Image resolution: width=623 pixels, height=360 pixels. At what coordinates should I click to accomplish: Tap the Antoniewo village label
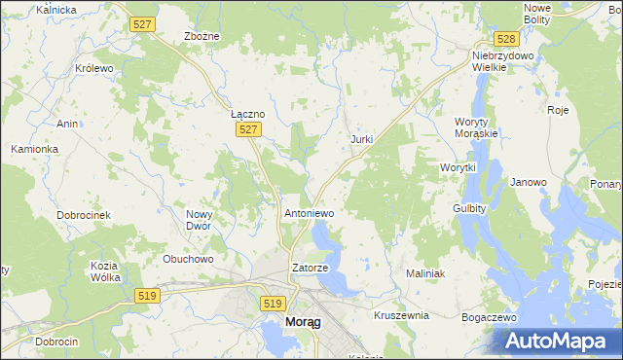tap(309, 212)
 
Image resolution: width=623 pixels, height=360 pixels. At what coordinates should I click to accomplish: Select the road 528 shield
tap(504, 39)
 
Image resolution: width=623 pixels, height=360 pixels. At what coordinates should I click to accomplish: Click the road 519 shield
tap(274, 304)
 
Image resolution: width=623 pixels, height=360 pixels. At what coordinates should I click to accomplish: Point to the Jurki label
tap(361, 139)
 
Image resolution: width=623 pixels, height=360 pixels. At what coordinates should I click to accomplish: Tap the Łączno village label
tap(248, 113)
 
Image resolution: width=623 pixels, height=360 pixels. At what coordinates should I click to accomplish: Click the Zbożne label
tap(202, 36)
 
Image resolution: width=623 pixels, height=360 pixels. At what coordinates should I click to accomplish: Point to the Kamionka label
tap(35, 149)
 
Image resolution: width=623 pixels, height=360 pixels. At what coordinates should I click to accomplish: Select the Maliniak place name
tap(425, 274)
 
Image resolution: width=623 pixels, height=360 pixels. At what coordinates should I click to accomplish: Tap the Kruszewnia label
tap(401, 316)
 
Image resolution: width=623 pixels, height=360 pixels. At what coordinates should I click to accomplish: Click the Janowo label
tap(529, 182)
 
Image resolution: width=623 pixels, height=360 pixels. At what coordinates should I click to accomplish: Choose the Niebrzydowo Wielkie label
tap(504, 61)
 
